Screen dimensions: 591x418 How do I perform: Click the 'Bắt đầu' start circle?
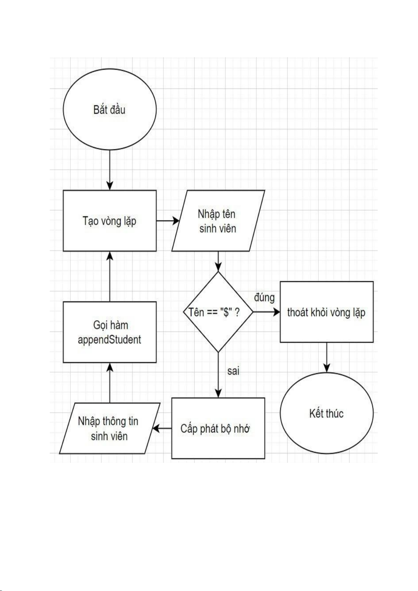click(109, 110)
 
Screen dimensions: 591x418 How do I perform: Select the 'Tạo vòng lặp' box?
click(109, 221)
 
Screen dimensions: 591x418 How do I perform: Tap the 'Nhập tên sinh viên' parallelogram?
click(218, 221)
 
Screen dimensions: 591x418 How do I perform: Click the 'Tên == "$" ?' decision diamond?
click(218, 312)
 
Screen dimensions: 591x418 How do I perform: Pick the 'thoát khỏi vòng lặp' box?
click(326, 312)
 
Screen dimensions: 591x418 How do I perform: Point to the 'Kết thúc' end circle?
click(326, 413)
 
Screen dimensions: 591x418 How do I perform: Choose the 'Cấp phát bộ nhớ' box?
click(218, 428)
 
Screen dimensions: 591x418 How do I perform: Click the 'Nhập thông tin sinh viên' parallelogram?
click(109, 428)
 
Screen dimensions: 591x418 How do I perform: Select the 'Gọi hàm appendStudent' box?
click(109, 332)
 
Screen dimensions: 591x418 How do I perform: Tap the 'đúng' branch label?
click(264, 297)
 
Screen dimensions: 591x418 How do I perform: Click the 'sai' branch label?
click(233, 371)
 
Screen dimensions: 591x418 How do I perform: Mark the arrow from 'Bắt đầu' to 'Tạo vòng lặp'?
click(110, 170)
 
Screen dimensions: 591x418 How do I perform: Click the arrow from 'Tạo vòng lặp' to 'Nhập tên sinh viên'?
click(167, 221)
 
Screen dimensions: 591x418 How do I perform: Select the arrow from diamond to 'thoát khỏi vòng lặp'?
click(267, 312)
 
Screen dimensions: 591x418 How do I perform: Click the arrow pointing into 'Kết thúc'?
click(326, 357)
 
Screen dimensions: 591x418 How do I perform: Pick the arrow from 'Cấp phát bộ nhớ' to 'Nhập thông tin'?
click(162, 428)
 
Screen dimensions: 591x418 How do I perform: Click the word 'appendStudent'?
click(109, 340)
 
